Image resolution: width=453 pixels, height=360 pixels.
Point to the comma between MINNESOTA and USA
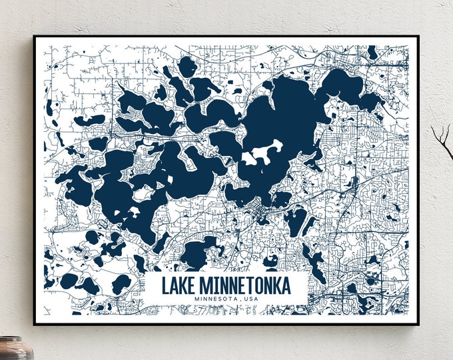coord(241,299)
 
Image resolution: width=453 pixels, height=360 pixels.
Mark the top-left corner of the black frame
coord(34,37)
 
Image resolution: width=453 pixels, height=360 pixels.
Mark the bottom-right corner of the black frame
coord(418,324)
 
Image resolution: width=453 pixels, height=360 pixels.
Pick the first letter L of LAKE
coord(166,286)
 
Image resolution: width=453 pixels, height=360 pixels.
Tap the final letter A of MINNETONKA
coord(286,286)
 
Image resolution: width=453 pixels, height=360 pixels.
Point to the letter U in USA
coord(246,298)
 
